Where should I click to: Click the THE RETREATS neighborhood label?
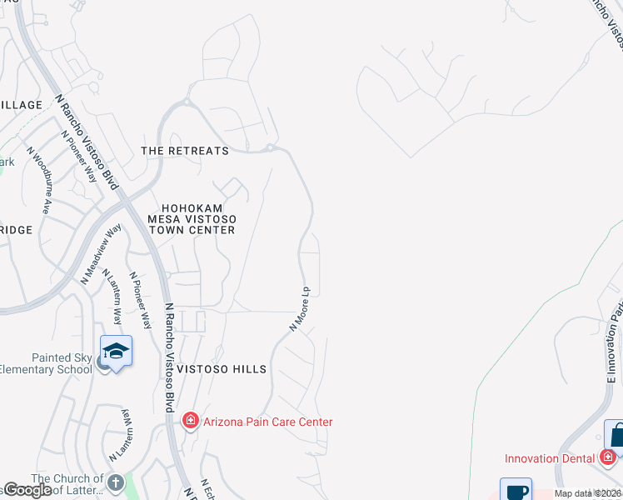184,151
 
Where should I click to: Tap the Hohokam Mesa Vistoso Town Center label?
192,218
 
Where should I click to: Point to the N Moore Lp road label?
300,309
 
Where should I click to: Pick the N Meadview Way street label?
101,254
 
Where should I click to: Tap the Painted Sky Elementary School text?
46,363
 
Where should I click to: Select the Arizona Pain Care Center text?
267,422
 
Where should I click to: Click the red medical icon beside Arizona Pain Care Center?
190,421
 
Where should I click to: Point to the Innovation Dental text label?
550,458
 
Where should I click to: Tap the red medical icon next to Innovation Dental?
608,457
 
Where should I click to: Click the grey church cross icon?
116,482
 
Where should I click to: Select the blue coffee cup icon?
515,491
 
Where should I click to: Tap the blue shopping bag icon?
616,434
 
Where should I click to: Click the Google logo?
27,490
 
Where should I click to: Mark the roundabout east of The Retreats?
271,149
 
